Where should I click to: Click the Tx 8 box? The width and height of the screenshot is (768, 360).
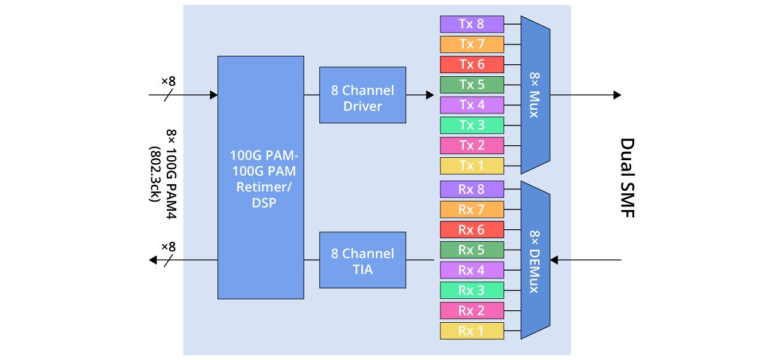pos(472,24)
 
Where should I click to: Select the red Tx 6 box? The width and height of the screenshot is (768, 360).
pos(472,64)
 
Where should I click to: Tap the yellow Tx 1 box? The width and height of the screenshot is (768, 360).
pos(472,166)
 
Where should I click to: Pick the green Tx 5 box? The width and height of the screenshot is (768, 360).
pos(472,85)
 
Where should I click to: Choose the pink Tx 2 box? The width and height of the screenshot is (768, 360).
pos(472,146)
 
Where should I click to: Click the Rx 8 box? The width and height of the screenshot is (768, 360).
pos(472,189)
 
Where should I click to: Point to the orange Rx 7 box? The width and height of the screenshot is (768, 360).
pos(472,209)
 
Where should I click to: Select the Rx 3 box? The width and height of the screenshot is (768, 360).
pos(472,290)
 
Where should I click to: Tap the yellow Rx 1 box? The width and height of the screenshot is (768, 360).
pos(472,331)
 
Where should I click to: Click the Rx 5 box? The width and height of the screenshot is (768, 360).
pos(472,250)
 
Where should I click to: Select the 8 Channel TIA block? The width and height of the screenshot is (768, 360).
pos(362,260)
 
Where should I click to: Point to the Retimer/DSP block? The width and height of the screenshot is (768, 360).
pos(260,178)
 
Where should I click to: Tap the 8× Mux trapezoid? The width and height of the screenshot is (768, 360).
pos(535,95)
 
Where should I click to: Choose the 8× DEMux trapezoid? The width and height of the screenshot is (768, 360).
pos(535,260)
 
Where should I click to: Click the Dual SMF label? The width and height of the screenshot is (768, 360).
pos(627,178)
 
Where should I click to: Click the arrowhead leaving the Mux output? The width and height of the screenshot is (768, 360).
pos(617,95)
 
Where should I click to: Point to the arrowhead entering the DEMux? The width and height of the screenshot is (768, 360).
pos(554,260)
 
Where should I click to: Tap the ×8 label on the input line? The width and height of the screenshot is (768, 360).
pos(169,81)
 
